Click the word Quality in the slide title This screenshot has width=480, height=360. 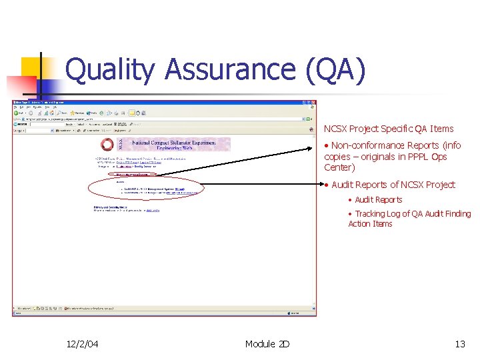point(110,71)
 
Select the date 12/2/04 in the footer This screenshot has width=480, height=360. point(83,344)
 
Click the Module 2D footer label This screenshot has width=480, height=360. point(267,344)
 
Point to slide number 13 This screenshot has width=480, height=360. point(459,344)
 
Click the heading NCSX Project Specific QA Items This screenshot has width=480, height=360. point(388,129)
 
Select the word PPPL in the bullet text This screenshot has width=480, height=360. point(417,157)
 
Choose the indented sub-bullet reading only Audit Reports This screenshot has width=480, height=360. point(378,199)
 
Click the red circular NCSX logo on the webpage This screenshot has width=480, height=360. point(107,145)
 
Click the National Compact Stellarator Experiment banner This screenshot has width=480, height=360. point(173,145)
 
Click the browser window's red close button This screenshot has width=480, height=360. point(313,103)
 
